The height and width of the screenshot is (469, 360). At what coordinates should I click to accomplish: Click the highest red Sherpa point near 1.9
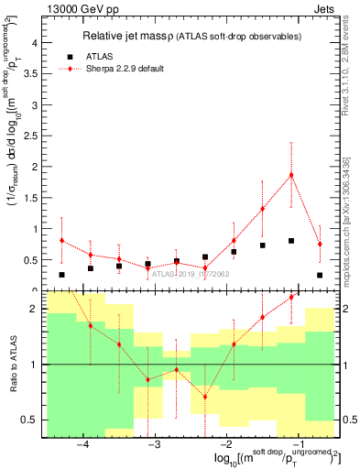291,174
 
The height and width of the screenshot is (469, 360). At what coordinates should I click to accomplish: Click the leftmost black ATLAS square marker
61,275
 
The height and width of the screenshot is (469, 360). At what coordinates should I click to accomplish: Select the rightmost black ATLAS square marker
320,275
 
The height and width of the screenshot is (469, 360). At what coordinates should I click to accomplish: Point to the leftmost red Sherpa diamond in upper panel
61,240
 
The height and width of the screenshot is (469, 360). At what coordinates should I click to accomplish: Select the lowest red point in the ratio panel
205,397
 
